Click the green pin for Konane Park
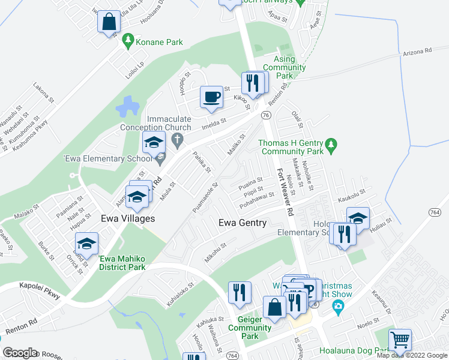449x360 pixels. (127, 41)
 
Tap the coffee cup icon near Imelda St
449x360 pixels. (211, 97)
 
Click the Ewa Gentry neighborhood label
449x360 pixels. (243, 223)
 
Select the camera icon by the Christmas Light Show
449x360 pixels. (338, 307)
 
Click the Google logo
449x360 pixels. (20, 353)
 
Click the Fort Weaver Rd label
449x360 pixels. (285, 193)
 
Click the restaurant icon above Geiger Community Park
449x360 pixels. (239, 292)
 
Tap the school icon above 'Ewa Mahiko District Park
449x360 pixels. (87, 242)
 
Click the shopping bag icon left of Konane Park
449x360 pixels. (109, 22)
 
